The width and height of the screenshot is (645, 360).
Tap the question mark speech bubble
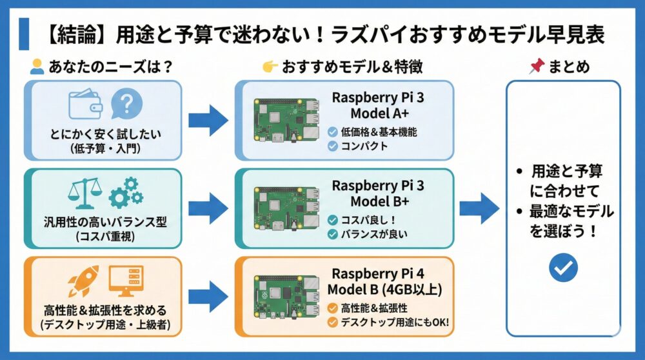tap(127, 104)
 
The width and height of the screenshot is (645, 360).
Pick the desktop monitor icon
tap(126, 281)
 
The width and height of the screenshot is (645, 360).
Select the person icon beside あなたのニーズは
tap(37, 66)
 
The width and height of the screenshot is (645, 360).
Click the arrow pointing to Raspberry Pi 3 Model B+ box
tap(208, 208)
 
